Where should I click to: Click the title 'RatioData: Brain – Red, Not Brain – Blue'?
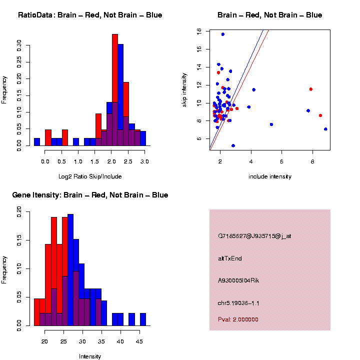90,15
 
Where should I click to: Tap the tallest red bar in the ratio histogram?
114,90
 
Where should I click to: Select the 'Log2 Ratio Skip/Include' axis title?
90,176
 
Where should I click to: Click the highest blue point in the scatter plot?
223,34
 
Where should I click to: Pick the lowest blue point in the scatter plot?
233,145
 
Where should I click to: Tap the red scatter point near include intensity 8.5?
320,115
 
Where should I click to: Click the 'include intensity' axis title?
270,176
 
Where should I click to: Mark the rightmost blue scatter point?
325,129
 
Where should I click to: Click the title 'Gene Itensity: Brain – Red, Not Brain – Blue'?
90,195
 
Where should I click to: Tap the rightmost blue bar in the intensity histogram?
143,319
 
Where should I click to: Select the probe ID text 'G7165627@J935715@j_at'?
254,235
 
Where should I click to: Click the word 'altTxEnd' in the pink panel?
230,258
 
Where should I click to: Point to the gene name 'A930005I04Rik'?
238,280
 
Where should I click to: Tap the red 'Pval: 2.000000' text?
238,319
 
